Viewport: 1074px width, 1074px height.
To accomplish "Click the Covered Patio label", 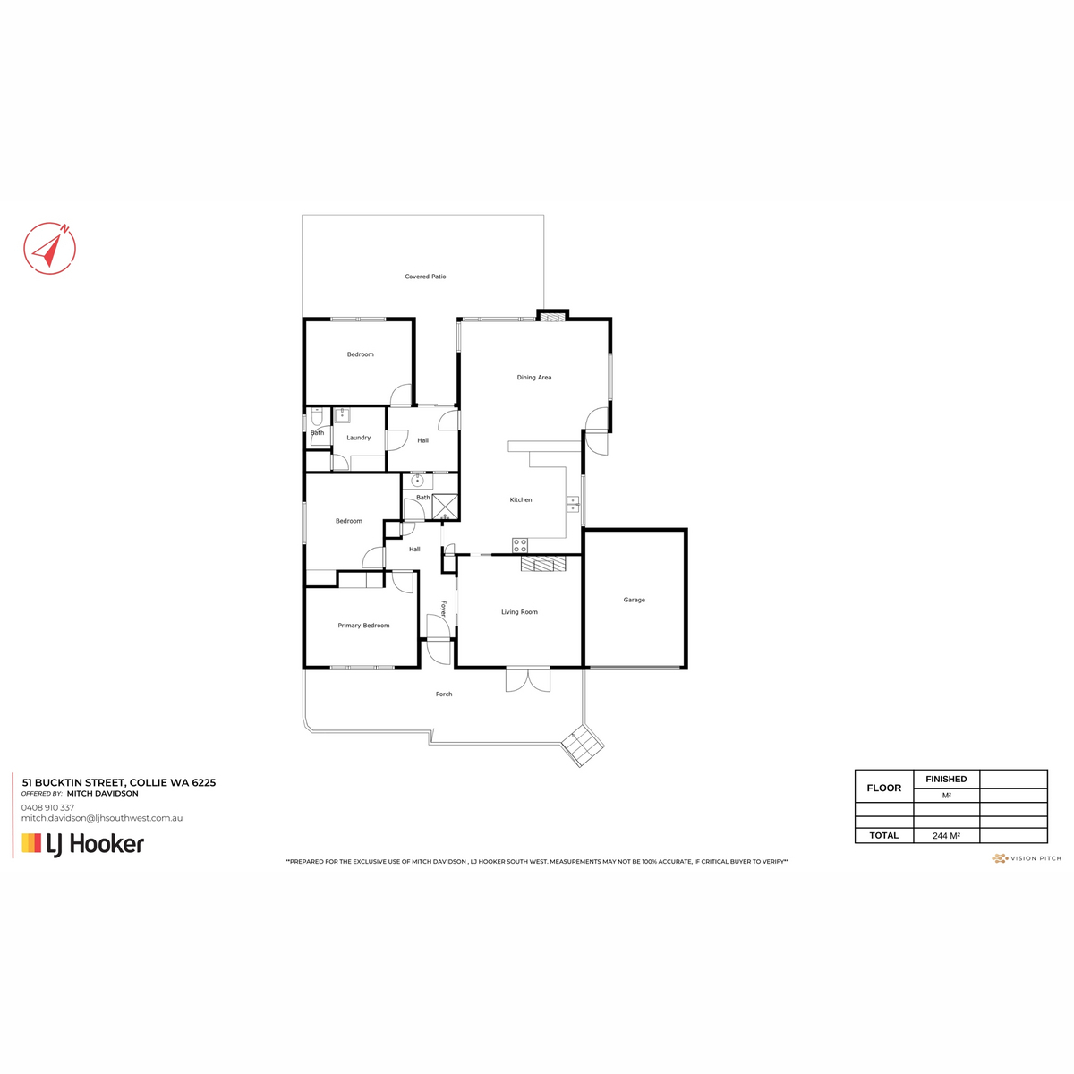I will tap(425, 277).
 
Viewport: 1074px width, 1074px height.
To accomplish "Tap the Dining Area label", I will tap(533, 378).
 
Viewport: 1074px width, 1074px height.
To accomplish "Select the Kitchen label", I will tap(521, 500).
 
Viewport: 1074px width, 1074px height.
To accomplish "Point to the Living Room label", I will tap(519, 612).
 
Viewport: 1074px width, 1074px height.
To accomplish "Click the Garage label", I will tap(634, 600).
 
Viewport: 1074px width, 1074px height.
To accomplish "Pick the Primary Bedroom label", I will tap(363, 626).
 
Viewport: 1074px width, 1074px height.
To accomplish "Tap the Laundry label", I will tap(358, 438).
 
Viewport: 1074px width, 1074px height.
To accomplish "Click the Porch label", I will tap(444, 695).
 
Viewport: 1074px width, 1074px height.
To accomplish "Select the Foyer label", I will tap(443, 609).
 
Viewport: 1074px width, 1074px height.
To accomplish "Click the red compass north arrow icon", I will tap(50, 247).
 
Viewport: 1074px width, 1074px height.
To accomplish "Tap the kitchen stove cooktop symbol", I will tap(520, 545).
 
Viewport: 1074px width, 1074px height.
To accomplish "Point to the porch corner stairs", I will tap(582, 745).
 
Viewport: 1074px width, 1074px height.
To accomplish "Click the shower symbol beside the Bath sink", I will tap(445, 507).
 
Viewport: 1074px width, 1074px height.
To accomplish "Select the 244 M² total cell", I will tap(946, 836).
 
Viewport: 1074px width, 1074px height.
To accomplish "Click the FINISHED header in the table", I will tap(946, 780).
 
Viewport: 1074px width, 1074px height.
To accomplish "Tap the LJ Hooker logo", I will tap(82, 844).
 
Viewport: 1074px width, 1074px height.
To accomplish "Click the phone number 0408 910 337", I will tap(48, 807).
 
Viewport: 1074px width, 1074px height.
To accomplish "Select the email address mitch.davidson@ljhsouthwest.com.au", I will tap(102, 818).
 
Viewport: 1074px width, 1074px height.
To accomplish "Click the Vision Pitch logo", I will tap(1027, 858).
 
